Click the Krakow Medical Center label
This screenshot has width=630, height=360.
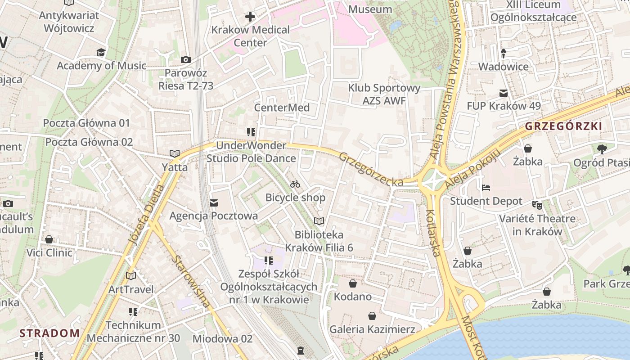tap(251, 36)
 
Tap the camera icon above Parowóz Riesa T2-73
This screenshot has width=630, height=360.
tap(185, 59)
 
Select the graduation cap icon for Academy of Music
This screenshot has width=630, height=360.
tap(101, 53)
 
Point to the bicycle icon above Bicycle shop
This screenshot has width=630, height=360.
tap(295, 184)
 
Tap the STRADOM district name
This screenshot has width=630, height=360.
tap(49, 333)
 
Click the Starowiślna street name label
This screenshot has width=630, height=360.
tap(191, 281)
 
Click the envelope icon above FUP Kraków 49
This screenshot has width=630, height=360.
tap(504, 93)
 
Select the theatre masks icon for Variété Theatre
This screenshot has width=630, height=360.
tap(537, 205)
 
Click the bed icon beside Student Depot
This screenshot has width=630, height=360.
tap(486, 188)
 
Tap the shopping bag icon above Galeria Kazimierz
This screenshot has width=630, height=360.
tap(372, 316)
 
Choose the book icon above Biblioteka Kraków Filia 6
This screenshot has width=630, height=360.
tap(319, 221)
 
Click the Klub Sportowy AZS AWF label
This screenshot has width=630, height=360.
tap(384, 94)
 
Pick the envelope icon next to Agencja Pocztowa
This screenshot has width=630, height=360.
tap(214, 203)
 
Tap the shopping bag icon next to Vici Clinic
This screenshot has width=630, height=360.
tap(49, 239)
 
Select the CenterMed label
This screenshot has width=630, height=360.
tap(282, 108)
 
